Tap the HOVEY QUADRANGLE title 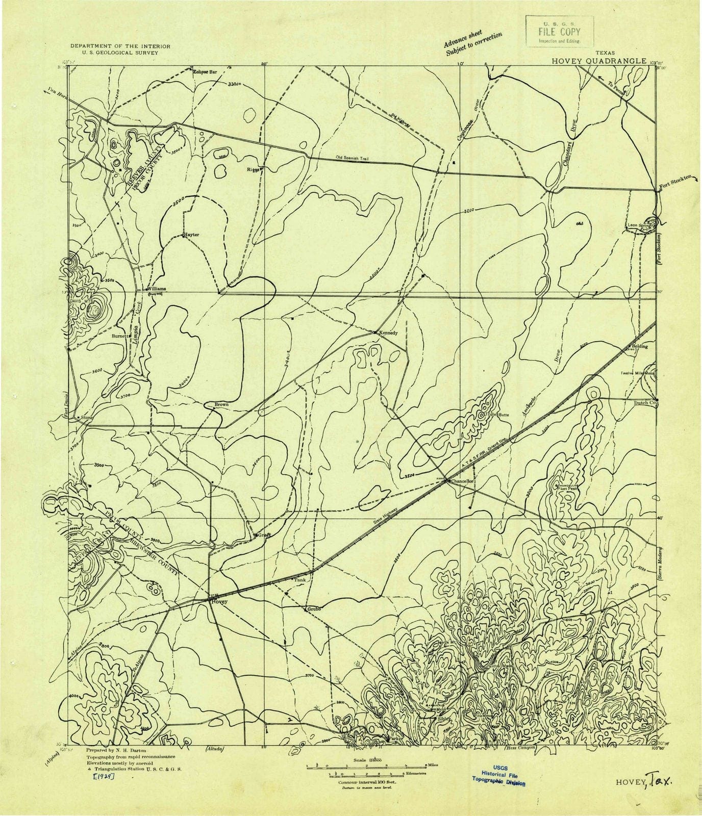(600, 61)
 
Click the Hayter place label (191, 235)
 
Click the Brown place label (221, 404)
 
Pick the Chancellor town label (462, 481)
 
